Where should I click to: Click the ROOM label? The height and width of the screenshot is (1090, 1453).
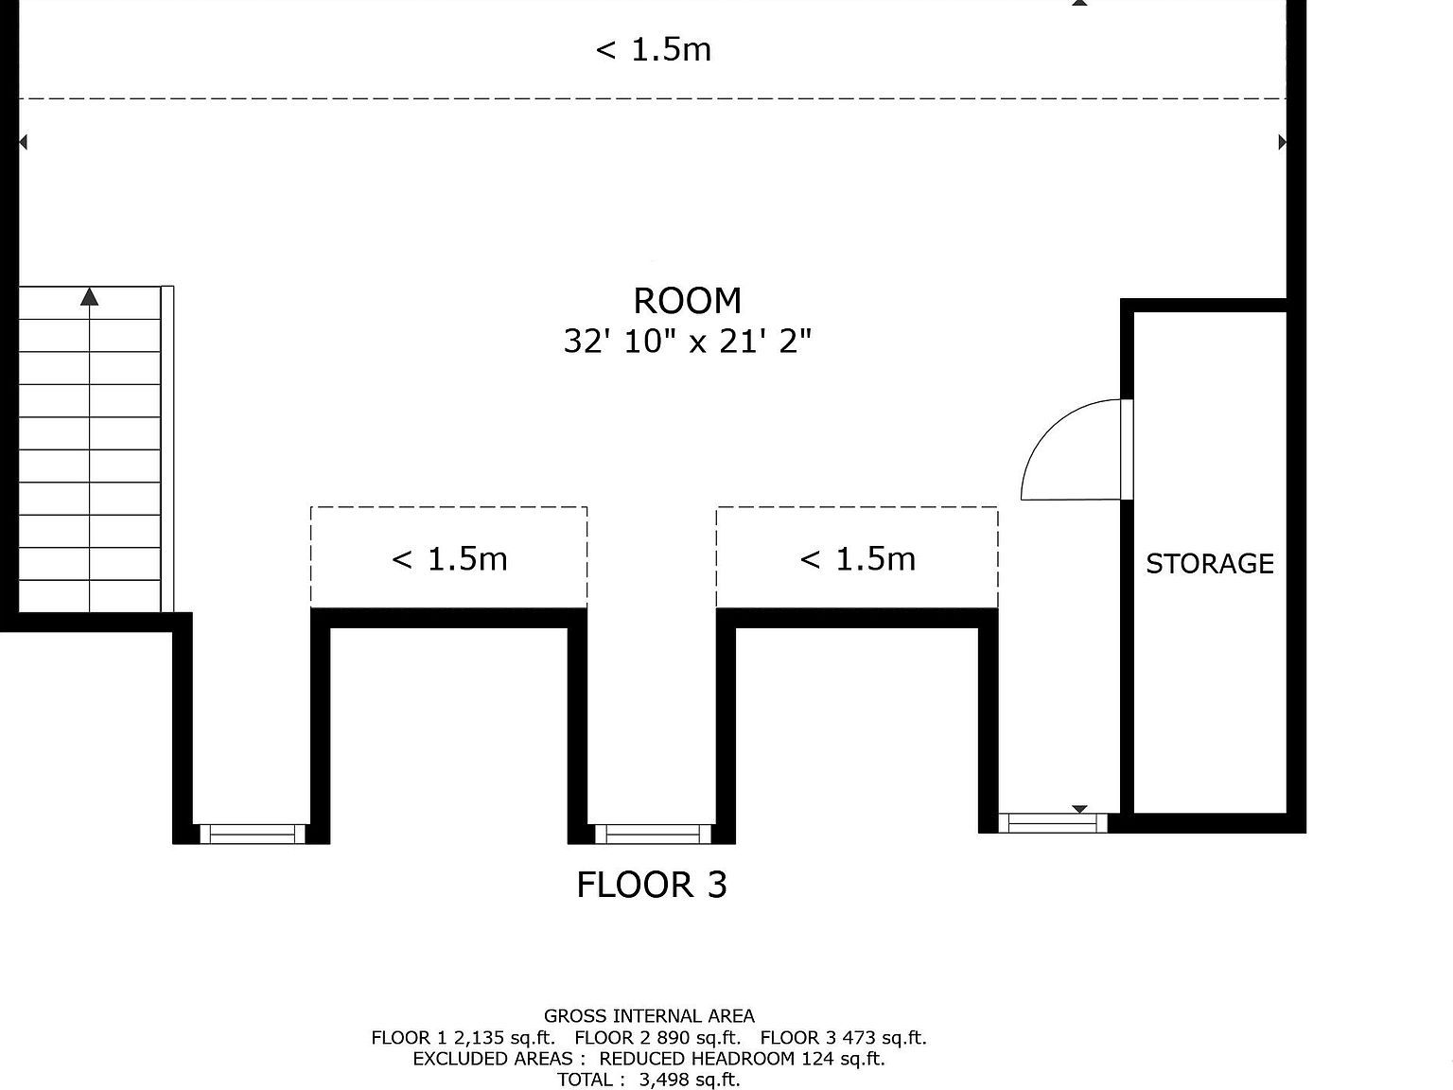687,301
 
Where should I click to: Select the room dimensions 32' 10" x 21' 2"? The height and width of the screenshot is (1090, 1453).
687,342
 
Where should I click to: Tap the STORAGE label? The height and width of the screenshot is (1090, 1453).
1209,564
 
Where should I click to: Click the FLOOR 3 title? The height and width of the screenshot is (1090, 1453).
652,885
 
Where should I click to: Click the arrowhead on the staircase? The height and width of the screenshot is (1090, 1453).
89,296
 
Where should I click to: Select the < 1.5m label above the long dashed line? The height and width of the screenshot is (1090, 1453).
654,49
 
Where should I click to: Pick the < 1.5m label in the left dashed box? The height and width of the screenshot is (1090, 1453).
449,559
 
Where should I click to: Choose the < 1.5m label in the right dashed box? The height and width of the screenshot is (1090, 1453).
857,559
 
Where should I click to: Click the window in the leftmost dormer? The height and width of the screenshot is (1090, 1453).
253,834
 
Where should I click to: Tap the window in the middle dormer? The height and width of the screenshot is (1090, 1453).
654,834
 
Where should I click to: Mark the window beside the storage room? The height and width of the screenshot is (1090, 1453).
1053,822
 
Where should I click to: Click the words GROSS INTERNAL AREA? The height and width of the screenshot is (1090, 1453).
649,1016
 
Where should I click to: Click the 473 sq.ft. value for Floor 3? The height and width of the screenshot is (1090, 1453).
885,1037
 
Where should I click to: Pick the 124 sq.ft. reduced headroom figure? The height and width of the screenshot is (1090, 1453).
843,1058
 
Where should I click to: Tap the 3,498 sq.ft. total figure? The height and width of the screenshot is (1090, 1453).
689,1080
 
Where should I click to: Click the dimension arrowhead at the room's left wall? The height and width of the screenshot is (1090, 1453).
23,142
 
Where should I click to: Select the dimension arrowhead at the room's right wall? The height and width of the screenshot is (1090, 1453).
1282,142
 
